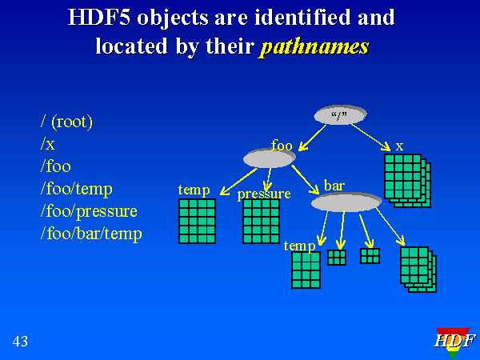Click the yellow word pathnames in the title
pos(314,46)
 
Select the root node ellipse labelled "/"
pos(340,114)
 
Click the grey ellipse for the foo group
pos(270,158)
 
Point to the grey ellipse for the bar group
pos(346,202)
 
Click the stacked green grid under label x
pos(406,178)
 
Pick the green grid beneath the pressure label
pos(261,221)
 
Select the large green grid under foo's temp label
pos(197,221)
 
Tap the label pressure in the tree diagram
pos(263,194)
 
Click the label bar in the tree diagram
pos(334,186)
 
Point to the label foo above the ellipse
pos(282,145)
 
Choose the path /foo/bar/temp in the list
pos(91,234)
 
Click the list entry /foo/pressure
pos(89,211)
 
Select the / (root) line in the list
pos(67,122)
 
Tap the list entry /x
pos(48,144)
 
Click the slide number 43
pos(20,342)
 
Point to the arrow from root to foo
pos(314,137)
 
